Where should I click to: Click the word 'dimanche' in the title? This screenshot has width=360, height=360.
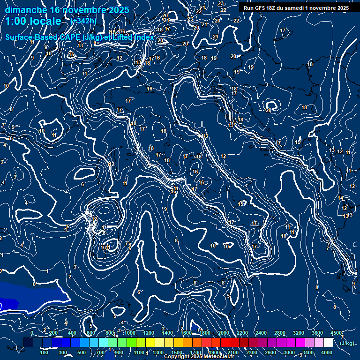pos(26,10)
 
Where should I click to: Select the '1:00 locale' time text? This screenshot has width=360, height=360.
pos(33,21)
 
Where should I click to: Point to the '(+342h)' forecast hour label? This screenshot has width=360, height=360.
pos(83,21)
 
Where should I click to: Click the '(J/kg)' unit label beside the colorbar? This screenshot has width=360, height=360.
pos(347,343)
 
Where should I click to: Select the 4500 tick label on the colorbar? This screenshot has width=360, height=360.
pos(336,333)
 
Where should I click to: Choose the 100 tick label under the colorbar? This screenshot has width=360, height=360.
pos(44,352)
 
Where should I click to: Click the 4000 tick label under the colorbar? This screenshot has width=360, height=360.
pos(327,352)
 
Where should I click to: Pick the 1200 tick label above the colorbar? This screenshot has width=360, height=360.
pos(148,333)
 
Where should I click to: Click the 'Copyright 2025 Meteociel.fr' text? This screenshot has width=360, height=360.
pos(199,357)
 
